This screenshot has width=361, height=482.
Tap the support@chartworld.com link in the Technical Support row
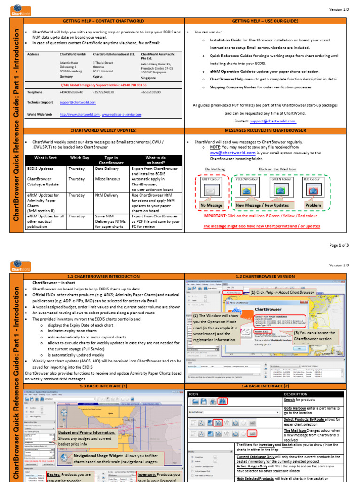78,102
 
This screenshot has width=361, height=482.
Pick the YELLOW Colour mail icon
246,190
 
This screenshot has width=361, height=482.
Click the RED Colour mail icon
313,190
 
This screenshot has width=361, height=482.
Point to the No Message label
211,205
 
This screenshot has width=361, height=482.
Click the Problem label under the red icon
313,205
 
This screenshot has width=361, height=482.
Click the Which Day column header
79,158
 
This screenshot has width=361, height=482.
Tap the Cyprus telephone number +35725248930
103,92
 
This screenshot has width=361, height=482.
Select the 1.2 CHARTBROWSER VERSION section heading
266,276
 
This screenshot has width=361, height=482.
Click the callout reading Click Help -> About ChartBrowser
283,292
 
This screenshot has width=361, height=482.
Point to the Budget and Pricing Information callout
86,432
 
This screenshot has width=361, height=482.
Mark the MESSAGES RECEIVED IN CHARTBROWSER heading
266,130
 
